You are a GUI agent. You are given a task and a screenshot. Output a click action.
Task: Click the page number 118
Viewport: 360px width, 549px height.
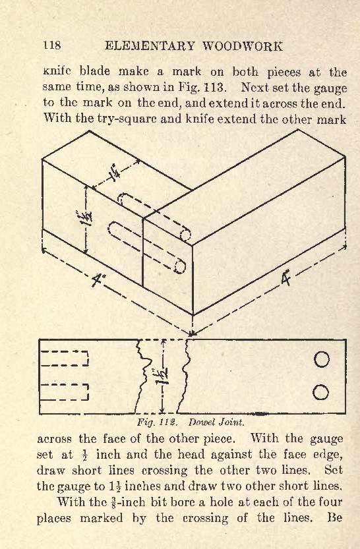(x=52, y=45)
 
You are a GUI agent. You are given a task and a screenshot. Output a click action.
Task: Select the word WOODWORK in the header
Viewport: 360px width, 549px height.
(x=243, y=46)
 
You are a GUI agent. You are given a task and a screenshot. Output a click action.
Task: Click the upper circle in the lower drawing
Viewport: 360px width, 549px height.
(x=322, y=359)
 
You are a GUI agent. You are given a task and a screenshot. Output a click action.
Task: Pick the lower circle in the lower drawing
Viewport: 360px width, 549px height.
(x=320, y=392)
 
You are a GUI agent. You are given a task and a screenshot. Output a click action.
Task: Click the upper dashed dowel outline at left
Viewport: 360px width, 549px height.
(x=65, y=358)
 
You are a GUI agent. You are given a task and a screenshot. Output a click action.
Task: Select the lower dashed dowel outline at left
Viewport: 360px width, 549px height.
(x=65, y=391)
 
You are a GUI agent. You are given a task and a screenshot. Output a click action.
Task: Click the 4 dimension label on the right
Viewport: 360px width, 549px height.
(x=286, y=279)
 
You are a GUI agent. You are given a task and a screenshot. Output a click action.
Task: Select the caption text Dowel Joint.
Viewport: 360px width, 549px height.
(x=216, y=422)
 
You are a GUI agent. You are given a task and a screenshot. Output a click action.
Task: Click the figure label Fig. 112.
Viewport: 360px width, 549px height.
(x=157, y=422)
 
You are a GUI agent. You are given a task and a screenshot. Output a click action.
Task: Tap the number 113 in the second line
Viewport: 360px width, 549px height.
(x=213, y=86)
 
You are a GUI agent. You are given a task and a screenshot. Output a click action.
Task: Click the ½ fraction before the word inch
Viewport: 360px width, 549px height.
(x=84, y=455)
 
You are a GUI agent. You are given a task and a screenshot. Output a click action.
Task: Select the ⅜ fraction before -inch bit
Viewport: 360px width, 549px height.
(x=113, y=502)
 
